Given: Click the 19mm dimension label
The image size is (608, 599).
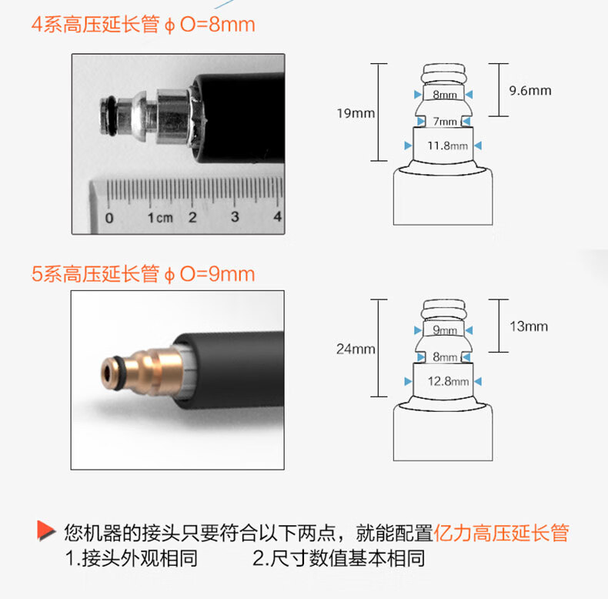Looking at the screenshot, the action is (356, 113).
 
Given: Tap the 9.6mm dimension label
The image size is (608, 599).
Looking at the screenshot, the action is (530, 91).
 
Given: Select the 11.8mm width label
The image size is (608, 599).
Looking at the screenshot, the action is (447, 146).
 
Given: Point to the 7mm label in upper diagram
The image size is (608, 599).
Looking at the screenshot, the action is (444, 122).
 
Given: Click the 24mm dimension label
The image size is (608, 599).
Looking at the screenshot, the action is (356, 349).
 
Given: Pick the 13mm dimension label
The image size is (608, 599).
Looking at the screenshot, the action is (529, 326).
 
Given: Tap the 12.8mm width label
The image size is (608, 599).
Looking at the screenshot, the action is (448, 381).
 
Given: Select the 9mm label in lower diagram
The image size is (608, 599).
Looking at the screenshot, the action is (445, 330).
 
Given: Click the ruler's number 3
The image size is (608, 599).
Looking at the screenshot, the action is (235, 217).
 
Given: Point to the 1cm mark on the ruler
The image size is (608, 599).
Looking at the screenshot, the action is (160, 218).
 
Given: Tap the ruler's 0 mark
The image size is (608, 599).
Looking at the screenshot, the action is (109, 218).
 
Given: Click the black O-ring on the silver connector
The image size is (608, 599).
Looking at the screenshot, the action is (112, 116).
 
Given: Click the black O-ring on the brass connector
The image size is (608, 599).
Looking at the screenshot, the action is (120, 371).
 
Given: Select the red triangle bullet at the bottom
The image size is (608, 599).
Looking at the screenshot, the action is (46, 530).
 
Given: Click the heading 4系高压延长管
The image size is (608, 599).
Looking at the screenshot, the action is (95, 25).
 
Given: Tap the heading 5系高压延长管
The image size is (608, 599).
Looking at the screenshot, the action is (95, 274).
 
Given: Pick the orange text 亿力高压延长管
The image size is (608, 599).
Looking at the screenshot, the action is (501, 533).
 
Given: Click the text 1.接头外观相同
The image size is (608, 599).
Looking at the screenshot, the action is (132, 559).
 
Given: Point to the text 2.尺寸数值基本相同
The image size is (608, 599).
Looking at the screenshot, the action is (339, 559).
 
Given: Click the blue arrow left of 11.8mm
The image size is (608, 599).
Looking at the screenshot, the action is (408, 146).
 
